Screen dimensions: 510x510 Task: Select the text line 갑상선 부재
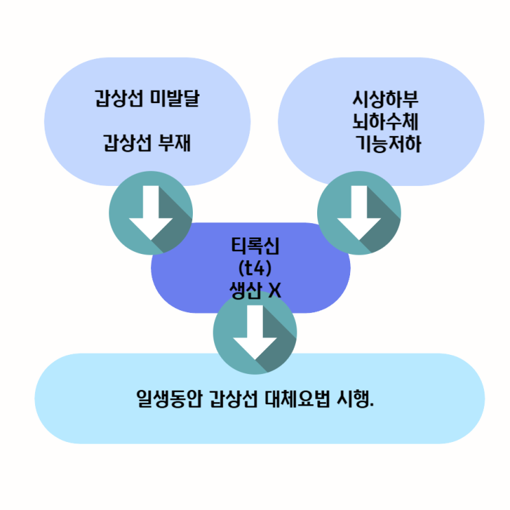pyautogui.click(x=147, y=145)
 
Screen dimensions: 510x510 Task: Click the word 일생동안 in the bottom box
pyautogui.click(x=163, y=399)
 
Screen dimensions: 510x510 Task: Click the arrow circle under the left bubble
pyautogui.click(x=152, y=213)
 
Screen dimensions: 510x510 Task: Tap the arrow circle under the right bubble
pyautogui.click(x=359, y=213)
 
